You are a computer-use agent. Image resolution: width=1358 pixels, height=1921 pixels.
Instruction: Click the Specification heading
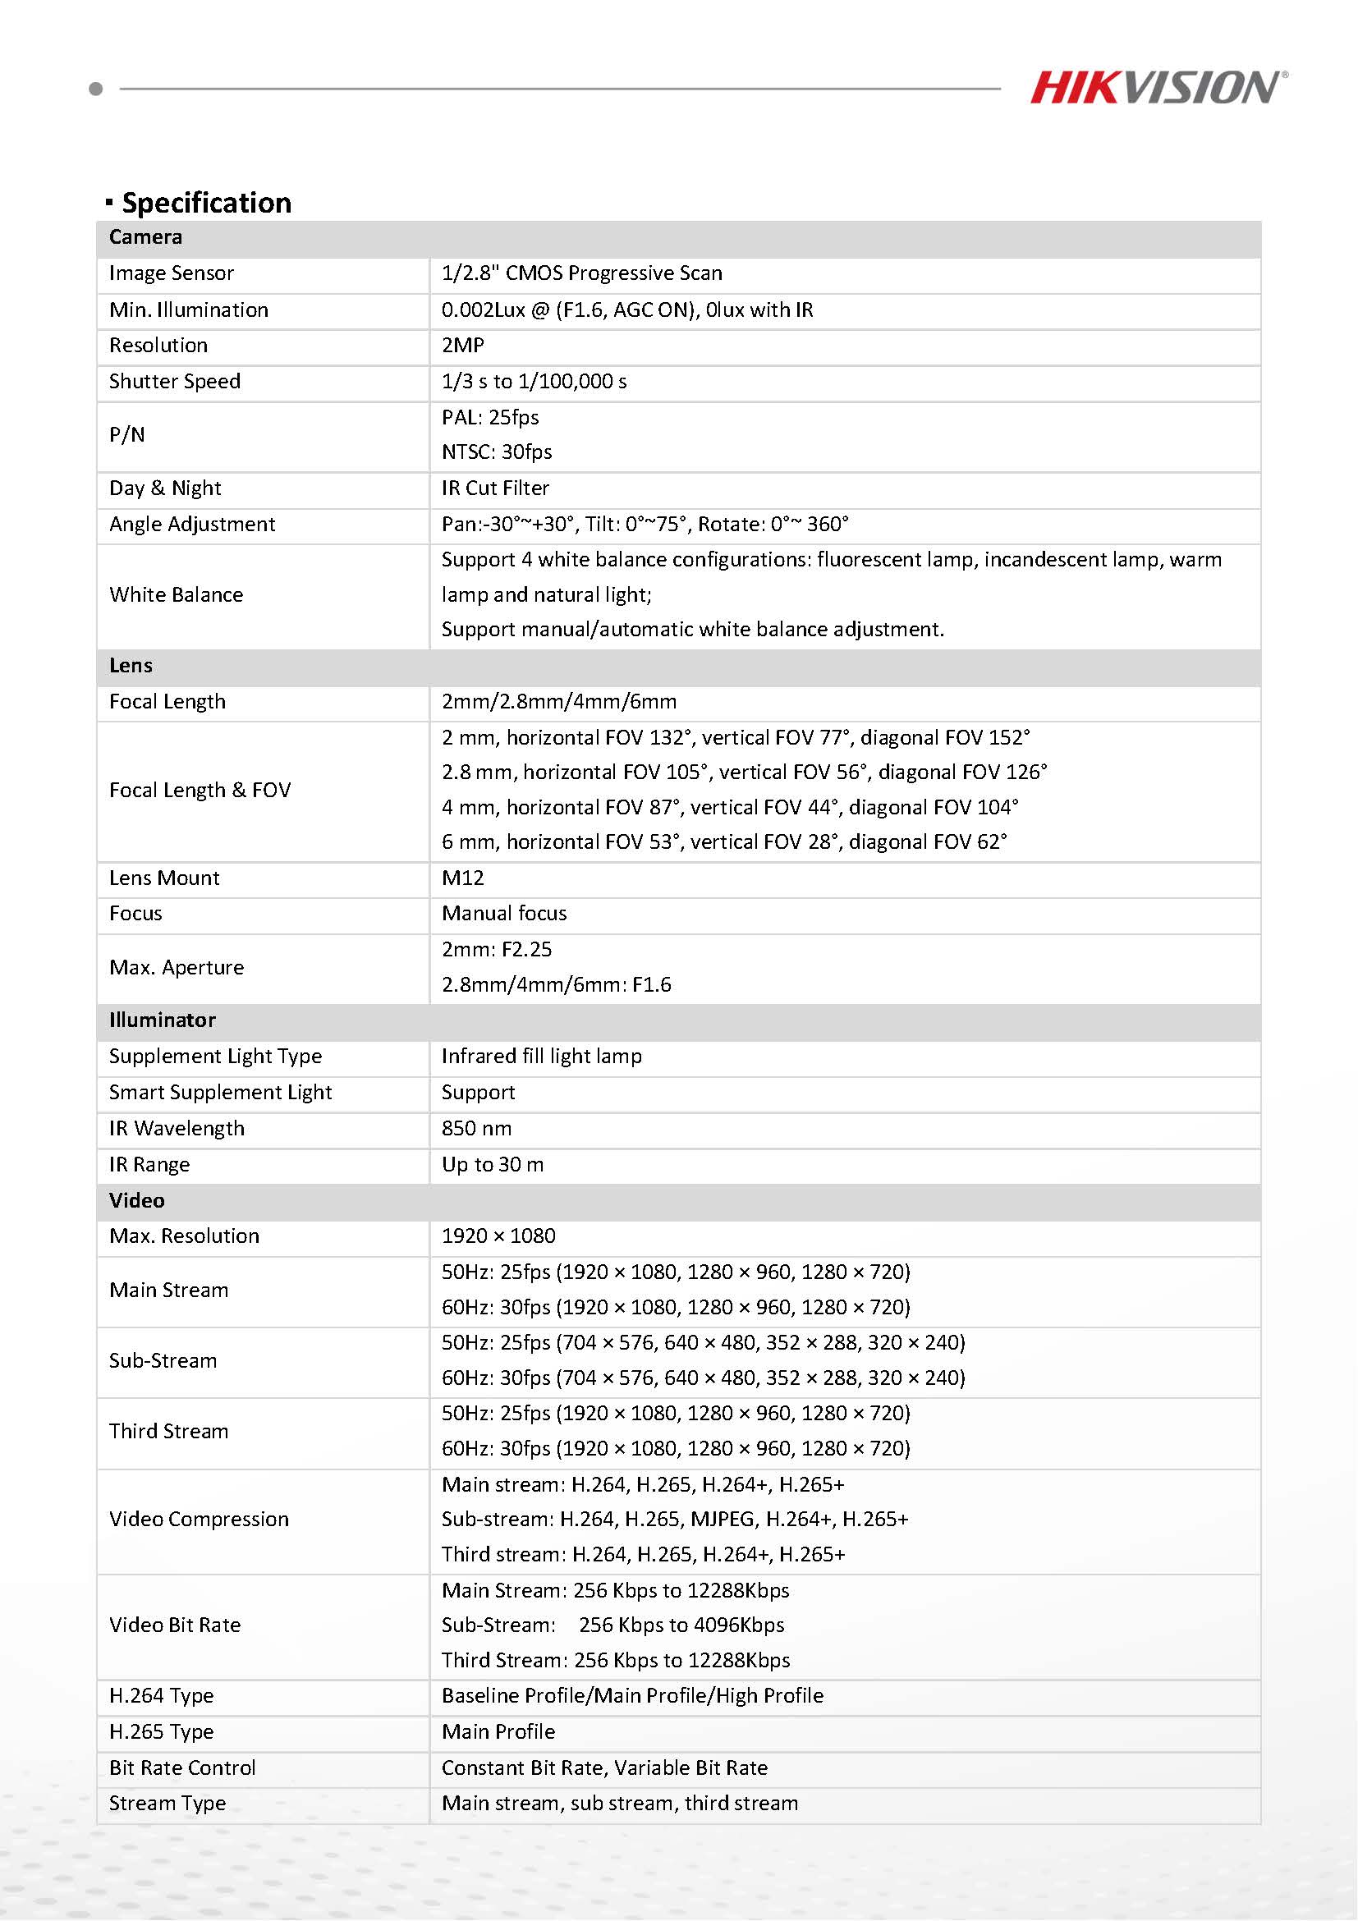click(x=206, y=204)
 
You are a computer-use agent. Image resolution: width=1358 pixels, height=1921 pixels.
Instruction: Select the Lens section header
click(x=131, y=666)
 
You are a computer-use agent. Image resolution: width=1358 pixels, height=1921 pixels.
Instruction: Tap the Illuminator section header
click(x=163, y=1020)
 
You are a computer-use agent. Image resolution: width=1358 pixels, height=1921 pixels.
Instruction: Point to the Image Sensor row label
click(x=172, y=273)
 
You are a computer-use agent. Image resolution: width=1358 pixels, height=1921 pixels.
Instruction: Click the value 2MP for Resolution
click(x=463, y=346)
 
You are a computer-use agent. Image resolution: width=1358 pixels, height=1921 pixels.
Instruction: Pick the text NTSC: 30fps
click(x=497, y=452)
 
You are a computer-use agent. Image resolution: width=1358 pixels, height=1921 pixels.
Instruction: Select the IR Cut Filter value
click(x=495, y=488)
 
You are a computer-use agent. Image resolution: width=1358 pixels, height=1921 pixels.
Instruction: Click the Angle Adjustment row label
click(x=191, y=525)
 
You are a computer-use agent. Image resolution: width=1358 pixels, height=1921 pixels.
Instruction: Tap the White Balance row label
click(x=177, y=595)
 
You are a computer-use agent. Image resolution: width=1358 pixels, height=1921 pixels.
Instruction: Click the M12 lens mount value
click(x=463, y=878)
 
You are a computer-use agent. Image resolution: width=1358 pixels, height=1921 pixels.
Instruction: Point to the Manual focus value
click(x=503, y=914)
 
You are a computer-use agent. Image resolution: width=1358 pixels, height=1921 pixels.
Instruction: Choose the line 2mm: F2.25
click(x=497, y=950)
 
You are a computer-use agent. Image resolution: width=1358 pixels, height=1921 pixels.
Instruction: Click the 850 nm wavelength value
click(x=477, y=1129)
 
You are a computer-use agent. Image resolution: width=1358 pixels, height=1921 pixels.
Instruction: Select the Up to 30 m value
click(x=493, y=1165)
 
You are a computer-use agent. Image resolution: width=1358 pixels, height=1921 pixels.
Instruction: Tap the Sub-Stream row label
click(x=163, y=1360)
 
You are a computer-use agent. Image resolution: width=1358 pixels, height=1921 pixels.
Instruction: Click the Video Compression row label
click(x=200, y=1520)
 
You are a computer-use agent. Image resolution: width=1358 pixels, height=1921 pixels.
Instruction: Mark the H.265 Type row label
click(x=162, y=1732)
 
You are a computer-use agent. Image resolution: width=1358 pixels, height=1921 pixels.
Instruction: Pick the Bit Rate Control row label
click(x=182, y=1767)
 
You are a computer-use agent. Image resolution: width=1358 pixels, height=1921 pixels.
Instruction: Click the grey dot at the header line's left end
click(x=96, y=89)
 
